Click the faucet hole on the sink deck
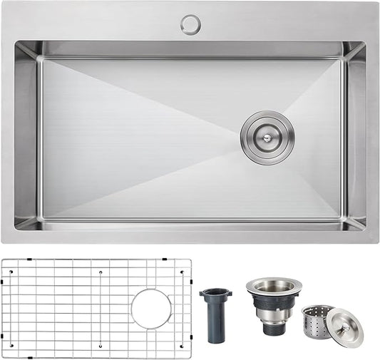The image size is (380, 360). (x=190, y=25)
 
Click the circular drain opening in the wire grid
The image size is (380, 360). (x=151, y=309)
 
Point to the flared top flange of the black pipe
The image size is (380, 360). (x=215, y=292)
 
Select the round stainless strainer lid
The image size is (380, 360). (x=344, y=327)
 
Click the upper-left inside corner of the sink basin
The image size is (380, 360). (x=16, y=42)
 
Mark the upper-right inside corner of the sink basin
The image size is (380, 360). (x=364, y=42)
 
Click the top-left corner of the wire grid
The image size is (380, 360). (x=3, y=259)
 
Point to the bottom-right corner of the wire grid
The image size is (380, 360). (x=190, y=356)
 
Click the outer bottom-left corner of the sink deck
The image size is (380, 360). (x=2, y=243)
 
